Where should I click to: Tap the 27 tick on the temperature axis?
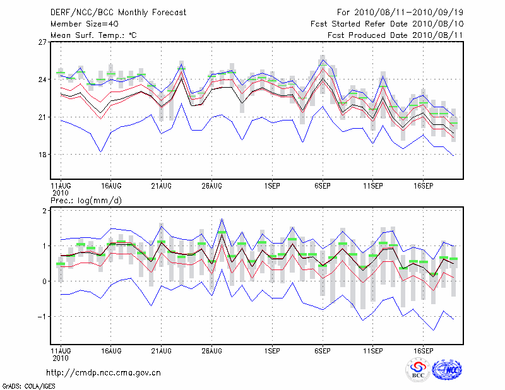click(x=42, y=42)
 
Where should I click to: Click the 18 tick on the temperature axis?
click(x=42, y=155)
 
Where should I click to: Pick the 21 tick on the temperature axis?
click(x=42, y=117)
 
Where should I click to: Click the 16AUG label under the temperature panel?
click(x=110, y=186)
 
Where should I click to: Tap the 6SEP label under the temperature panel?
click(x=323, y=186)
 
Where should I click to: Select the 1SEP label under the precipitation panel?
click(x=272, y=350)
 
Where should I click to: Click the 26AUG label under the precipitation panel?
click(x=211, y=350)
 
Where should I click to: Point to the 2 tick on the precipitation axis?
click(x=45, y=211)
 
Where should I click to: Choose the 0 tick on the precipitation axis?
click(x=45, y=281)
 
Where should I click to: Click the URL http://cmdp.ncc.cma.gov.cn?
click(x=104, y=372)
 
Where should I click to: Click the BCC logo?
click(x=418, y=370)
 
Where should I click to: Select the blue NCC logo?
click(x=447, y=370)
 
